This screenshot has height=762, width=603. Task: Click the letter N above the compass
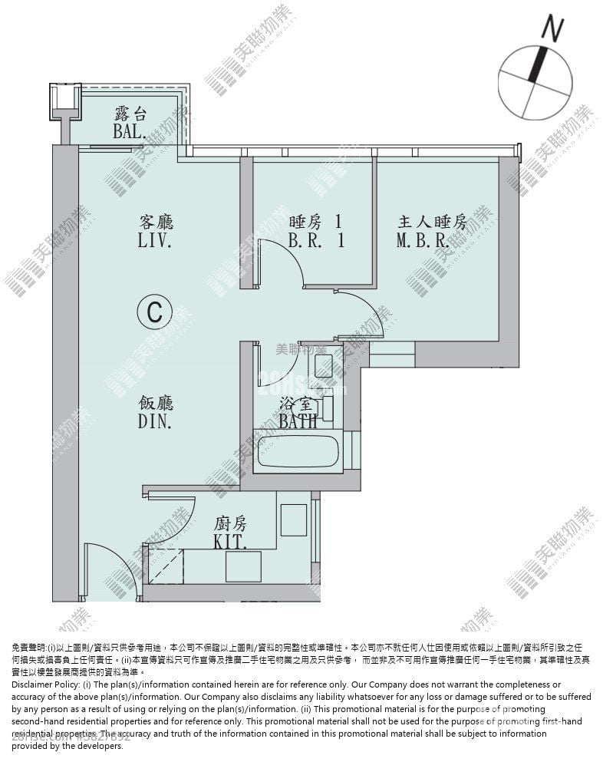[552, 28]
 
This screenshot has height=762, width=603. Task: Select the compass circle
[535, 82]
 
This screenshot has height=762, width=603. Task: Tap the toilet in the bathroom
[324, 365]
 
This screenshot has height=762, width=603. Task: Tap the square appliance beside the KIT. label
[294, 520]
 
